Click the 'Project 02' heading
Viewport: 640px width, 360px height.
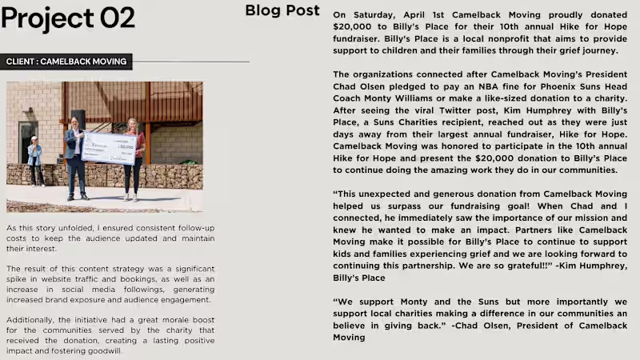pos(68,18)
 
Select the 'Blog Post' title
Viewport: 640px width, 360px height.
pos(282,10)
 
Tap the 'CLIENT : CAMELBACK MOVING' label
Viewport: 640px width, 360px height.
pos(66,62)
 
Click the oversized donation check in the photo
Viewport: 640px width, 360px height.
pos(109,148)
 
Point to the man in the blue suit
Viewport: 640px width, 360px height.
pos(77,156)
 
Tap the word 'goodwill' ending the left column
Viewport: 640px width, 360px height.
pos(105,351)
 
